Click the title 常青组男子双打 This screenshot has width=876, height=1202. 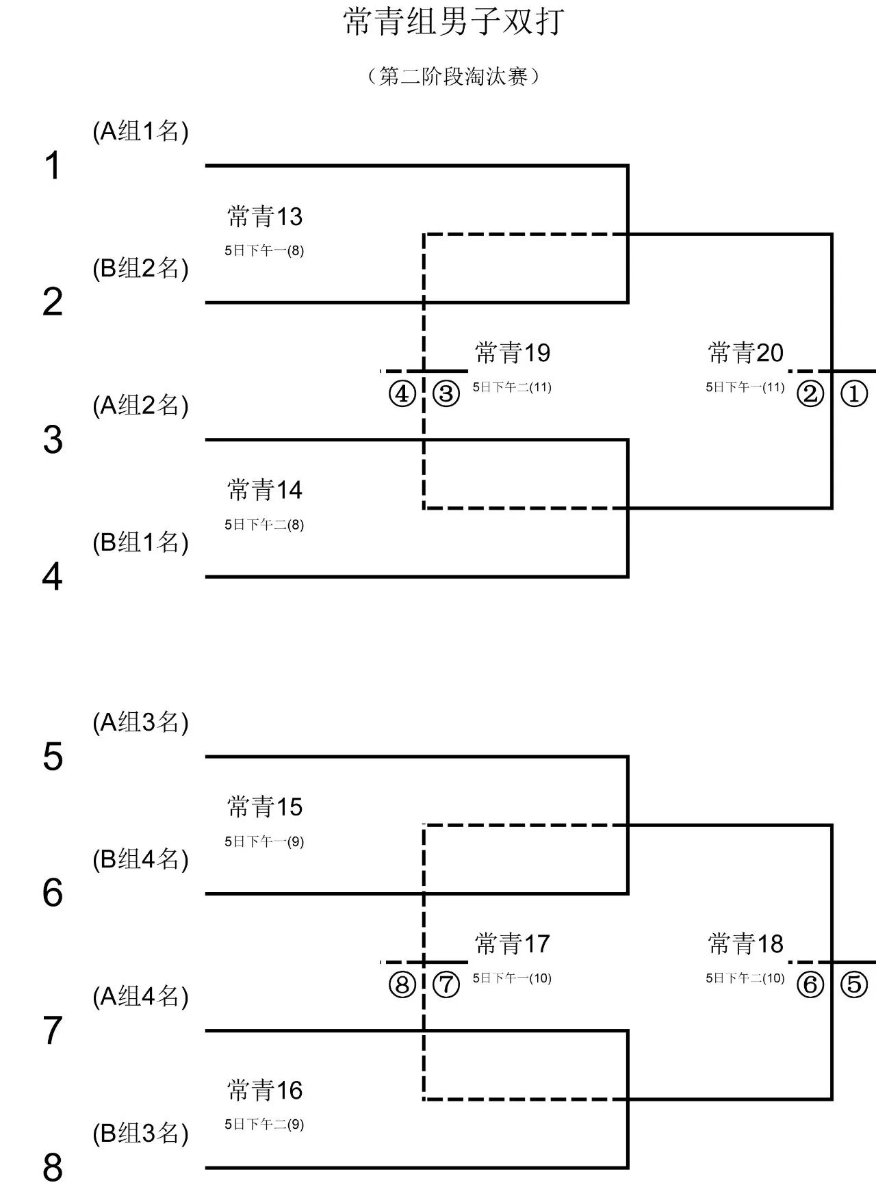click(454, 21)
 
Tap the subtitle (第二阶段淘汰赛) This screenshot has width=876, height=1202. click(454, 76)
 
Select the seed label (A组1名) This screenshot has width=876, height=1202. click(140, 131)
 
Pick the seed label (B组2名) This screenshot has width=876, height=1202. click(140, 268)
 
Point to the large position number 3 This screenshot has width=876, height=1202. click(53, 440)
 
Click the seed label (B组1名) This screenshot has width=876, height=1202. click(140, 543)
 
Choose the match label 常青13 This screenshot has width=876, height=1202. click(265, 217)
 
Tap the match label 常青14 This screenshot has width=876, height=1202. click(265, 491)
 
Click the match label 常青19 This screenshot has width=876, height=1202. click(513, 353)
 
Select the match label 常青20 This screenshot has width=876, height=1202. click(745, 353)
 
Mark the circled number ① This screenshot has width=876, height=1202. click(853, 394)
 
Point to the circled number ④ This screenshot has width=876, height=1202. click(402, 394)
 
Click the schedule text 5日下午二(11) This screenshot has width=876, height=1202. click(512, 387)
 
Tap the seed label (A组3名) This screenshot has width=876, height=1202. click(140, 722)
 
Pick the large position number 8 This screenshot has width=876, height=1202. click(53, 1168)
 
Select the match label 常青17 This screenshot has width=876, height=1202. click(513, 944)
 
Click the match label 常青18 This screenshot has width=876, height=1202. click(745, 944)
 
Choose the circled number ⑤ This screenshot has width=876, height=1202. click(853, 984)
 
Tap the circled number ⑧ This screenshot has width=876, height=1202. click(402, 984)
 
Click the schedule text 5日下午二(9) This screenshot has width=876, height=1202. click(264, 1124)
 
